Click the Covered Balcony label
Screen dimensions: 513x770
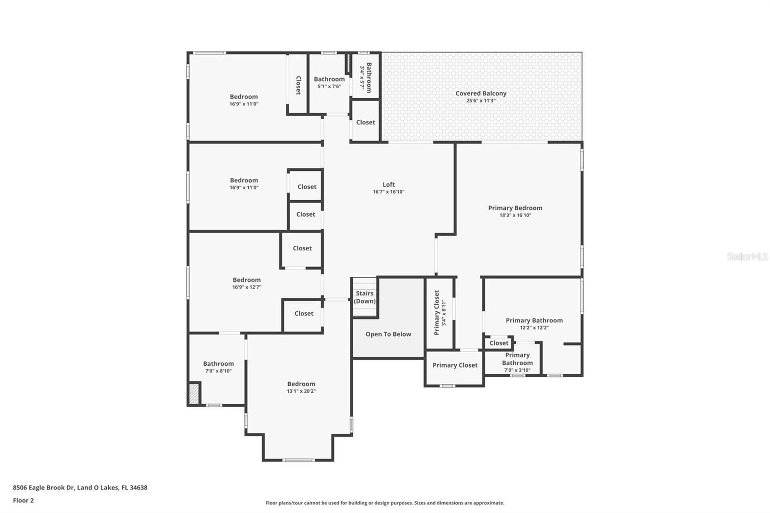481,93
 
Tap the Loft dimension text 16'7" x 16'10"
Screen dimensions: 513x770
388,192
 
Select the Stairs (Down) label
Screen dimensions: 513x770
364,297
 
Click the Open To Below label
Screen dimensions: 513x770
388,334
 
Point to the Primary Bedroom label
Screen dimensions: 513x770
515,208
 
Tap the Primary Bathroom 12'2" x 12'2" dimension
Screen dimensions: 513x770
534,328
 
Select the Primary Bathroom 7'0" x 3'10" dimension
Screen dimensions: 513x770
517,370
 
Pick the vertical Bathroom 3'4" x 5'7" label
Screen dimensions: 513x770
366,77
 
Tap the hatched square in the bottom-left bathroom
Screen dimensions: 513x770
194,393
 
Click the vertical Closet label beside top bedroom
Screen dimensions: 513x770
298,85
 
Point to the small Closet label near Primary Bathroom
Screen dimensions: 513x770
499,343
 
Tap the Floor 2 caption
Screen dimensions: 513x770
23,500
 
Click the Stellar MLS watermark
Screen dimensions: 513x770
747,256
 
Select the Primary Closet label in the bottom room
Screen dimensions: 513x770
455,365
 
